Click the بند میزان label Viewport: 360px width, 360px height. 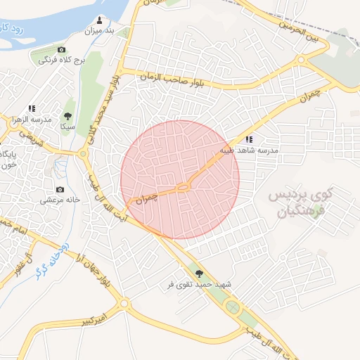click(98, 31)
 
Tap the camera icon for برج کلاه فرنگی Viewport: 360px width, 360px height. click(62, 49)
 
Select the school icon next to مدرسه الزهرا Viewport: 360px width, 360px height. click(32, 109)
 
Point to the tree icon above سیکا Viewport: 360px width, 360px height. click(68, 116)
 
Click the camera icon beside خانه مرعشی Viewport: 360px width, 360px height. click(60, 190)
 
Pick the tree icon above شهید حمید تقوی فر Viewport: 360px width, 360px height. click(197, 274)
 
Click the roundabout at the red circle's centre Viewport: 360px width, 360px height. click(182, 186)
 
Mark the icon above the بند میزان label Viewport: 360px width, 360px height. click(98, 20)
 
